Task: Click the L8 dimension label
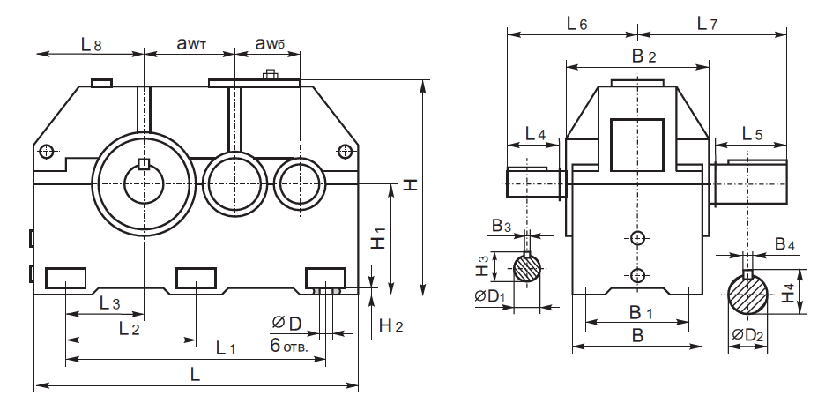click(x=91, y=43)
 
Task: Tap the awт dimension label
click(x=190, y=43)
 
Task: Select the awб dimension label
click(x=269, y=43)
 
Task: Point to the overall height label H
click(x=411, y=184)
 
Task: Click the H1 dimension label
click(x=378, y=238)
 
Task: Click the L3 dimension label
click(x=110, y=302)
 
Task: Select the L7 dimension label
click(x=706, y=24)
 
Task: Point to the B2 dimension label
click(x=644, y=56)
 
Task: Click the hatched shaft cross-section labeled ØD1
click(x=528, y=268)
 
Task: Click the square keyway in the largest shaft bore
click(x=144, y=163)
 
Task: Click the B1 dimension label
click(x=641, y=312)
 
